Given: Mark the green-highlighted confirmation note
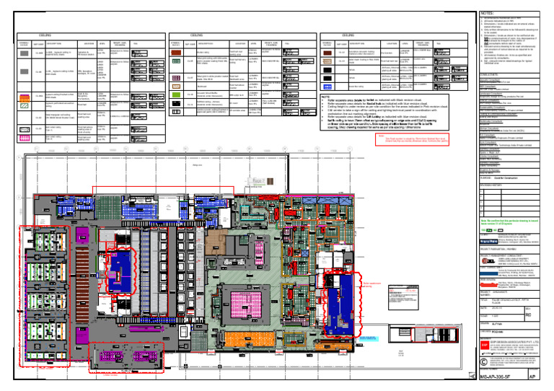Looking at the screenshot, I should coord(510,222).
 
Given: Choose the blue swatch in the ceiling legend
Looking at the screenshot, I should coord(327,85).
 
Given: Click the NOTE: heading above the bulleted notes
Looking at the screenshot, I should coord(325,96).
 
